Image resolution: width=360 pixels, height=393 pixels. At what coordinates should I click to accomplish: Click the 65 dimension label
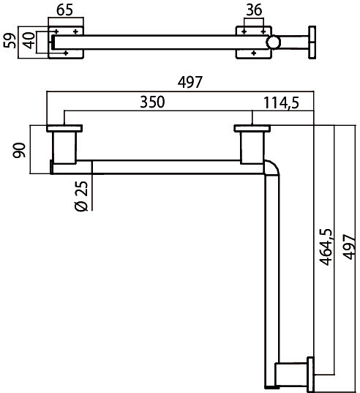(64, 10)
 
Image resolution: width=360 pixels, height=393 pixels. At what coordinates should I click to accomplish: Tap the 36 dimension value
(254, 10)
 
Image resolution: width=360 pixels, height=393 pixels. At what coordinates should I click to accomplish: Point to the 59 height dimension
(10, 40)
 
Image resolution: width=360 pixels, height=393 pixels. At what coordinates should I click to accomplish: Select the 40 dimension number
(29, 40)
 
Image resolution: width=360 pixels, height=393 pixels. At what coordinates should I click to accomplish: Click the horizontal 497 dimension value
(190, 82)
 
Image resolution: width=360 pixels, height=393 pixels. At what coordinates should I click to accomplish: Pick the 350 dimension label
(152, 102)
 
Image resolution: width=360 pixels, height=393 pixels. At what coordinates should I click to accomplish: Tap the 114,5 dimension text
(281, 102)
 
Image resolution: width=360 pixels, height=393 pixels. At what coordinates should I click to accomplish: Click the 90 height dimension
(19, 150)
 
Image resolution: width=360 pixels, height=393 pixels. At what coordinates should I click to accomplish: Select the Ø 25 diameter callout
(82, 196)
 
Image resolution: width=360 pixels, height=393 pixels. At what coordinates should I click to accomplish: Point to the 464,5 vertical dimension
(326, 247)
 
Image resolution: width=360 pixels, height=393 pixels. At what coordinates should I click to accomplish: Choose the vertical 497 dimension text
(349, 247)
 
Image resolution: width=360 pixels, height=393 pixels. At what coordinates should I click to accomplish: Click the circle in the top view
(273, 42)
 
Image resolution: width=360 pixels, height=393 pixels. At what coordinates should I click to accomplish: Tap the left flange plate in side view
(64, 128)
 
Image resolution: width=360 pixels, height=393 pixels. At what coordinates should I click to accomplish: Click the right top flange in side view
(252, 128)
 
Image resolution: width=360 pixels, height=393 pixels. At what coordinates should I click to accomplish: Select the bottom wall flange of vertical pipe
(310, 375)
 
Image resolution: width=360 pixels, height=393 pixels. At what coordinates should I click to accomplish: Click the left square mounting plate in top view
(66, 42)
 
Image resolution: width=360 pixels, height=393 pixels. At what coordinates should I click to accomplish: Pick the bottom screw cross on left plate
(66, 53)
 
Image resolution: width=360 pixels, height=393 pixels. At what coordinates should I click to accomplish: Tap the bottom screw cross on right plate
(254, 53)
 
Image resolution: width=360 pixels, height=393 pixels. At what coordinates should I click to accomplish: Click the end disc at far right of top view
(312, 42)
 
